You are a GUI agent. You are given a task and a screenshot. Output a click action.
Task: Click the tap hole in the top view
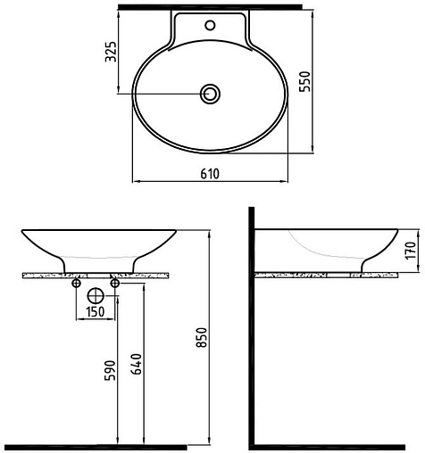click(x=212, y=23)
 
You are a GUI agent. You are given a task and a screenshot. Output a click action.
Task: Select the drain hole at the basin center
click(x=212, y=93)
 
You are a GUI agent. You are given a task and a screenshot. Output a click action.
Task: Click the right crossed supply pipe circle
click(x=115, y=284)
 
